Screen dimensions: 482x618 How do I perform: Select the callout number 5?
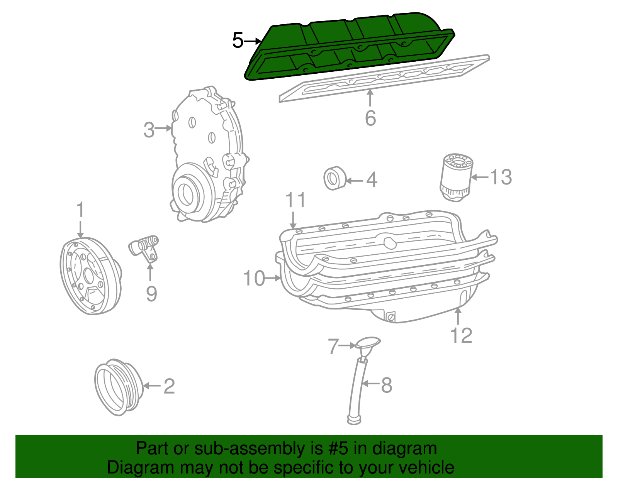[x=238, y=41]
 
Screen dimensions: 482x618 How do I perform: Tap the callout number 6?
[x=370, y=118]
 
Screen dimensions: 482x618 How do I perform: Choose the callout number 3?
[x=149, y=130]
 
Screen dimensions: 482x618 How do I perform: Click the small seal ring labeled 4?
[x=334, y=178]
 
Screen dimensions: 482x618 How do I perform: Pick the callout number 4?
[x=371, y=180]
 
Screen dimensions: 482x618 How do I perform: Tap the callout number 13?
[x=501, y=177]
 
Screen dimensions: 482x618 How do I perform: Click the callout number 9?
[x=151, y=294]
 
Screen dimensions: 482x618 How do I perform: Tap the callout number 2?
[x=169, y=386]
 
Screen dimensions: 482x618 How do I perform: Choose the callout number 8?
[x=386, y=385]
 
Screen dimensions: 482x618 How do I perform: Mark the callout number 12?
[x=461, y=335]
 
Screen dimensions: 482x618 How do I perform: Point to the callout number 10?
[x=254, y=278]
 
